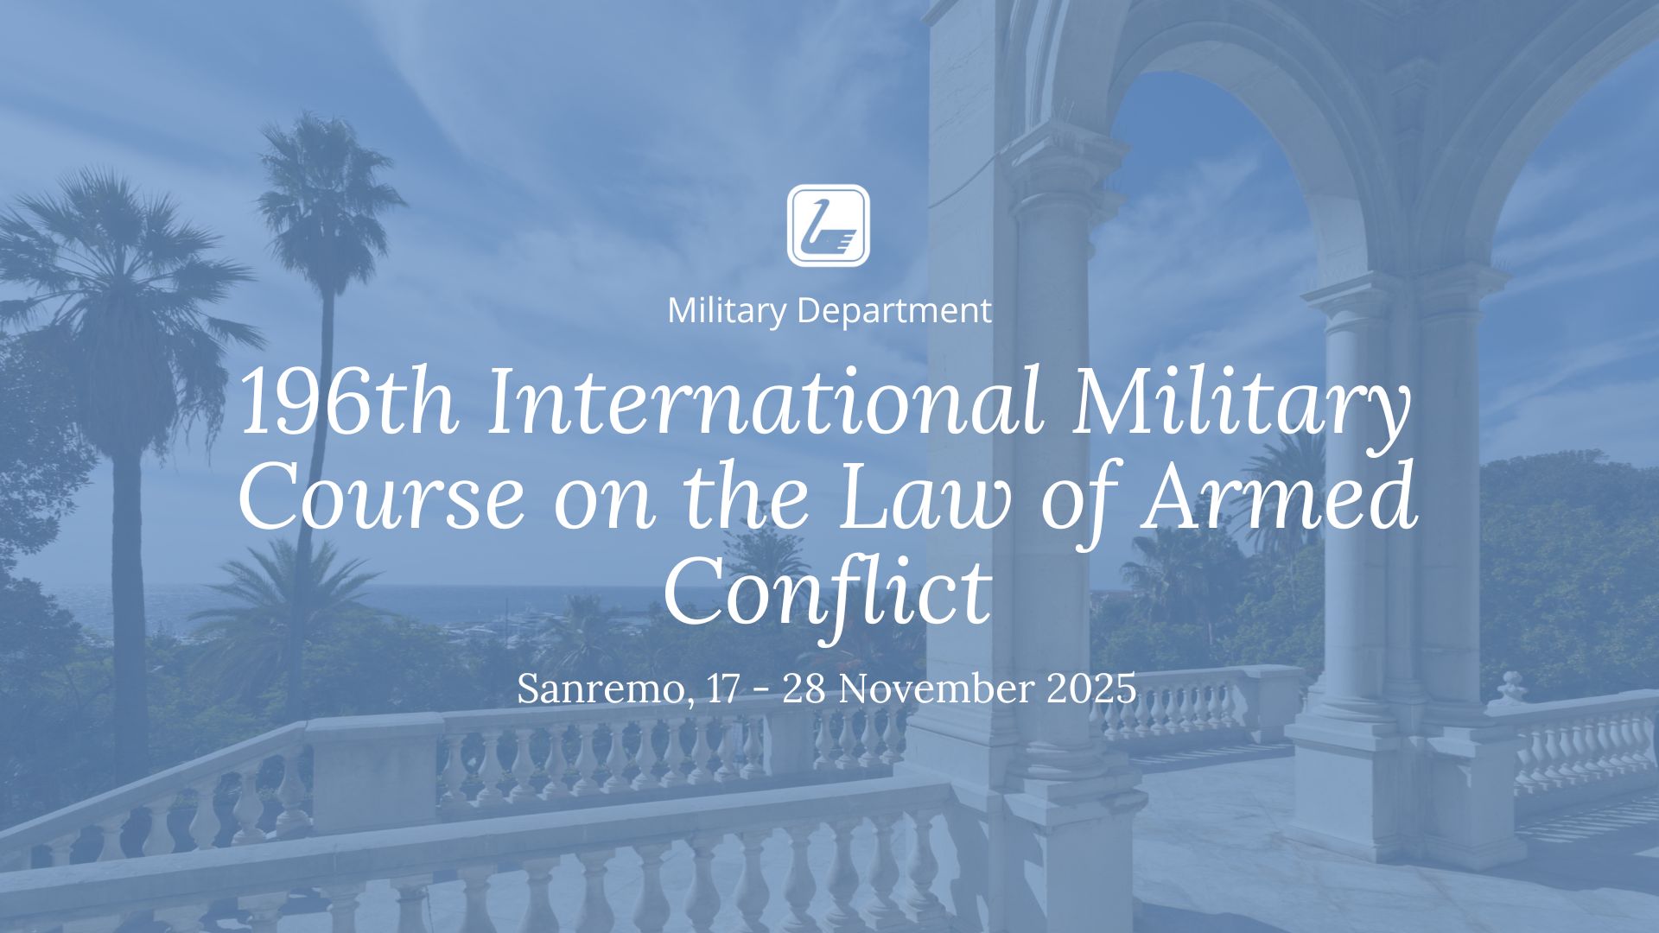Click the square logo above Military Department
coord(828,225)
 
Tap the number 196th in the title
coord(348,403)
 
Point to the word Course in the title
coord(381,497)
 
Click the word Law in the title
coord(925,497)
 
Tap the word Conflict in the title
coord(827,592)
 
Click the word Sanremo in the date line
coord(605,689)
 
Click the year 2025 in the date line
coord(1091,689)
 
